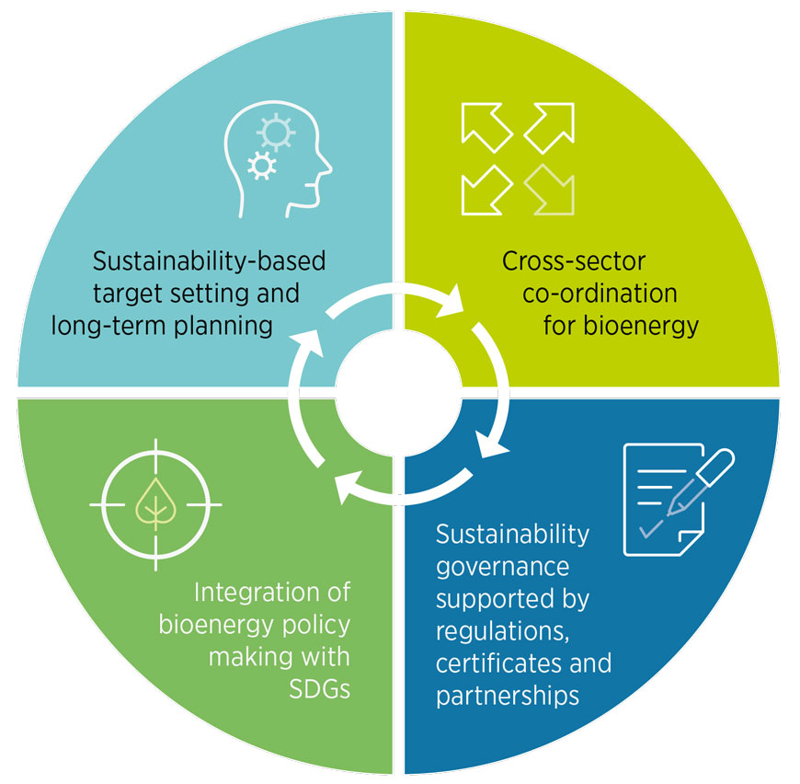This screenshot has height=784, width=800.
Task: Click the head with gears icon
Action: [278, 159]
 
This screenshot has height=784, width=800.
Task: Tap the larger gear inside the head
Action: [276, 133]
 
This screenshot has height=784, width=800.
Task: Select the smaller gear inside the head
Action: [262, 166]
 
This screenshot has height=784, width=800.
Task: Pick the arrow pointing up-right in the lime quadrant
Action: [549, 128]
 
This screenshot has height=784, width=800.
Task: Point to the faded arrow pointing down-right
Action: [549, 190]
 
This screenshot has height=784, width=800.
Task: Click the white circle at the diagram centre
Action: [398, 393]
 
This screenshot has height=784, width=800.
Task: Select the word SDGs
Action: [319, 689]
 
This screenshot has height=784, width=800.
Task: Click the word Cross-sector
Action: [574, 261]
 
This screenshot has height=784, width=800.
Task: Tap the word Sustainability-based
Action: [209, 261]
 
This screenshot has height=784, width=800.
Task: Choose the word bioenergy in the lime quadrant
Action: [641, 326]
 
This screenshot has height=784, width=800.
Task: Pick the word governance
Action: [503, 568]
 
